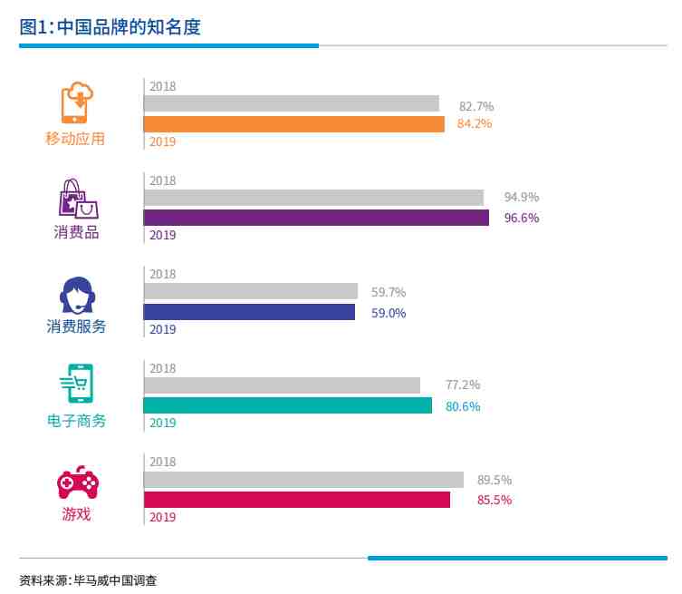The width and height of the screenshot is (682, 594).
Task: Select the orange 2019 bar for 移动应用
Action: tap(293, 124)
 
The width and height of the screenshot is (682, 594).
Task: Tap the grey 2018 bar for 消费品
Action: tap(313, 198)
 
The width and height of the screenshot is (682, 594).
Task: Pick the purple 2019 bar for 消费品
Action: tap(316, 218)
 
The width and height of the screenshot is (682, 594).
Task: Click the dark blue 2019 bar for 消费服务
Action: tap(249, 312)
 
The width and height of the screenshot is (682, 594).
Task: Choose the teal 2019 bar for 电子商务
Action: tap(287, 405)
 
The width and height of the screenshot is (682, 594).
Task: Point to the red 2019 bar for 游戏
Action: tap(296, 500)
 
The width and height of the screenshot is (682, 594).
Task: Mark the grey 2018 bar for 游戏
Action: tap(303, 480)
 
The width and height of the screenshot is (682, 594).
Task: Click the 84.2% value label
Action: tap(475, 124)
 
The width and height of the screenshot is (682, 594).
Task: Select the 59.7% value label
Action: tap(389, 292)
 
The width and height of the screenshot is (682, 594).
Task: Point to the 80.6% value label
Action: tap(463, 406)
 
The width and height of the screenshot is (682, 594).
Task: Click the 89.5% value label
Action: tap(495, 480)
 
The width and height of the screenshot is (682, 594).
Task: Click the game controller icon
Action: tap(77, 483)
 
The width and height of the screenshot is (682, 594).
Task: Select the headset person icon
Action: tap(77, 294)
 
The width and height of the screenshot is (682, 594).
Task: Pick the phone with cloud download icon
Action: tap(77, 102)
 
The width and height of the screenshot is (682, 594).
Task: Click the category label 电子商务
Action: tap(76, 422)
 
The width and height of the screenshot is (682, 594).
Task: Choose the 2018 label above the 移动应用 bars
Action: tap(162, 87)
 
